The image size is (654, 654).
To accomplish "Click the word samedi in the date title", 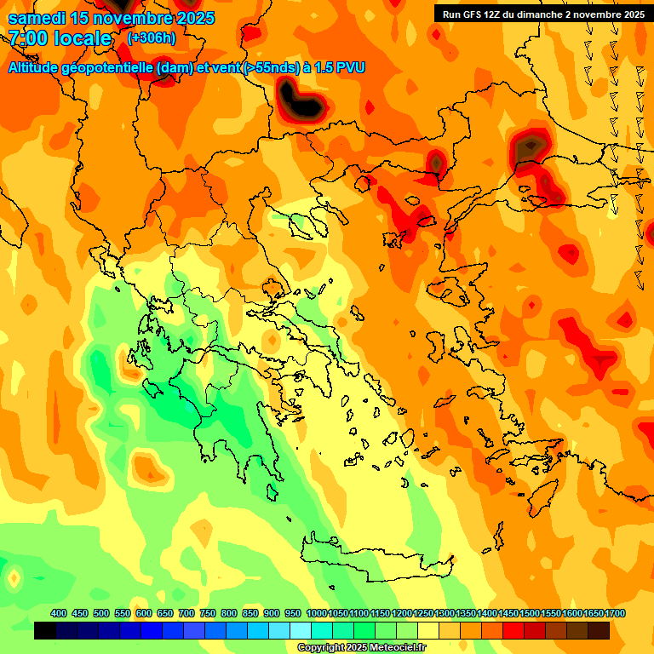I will pos(37,18).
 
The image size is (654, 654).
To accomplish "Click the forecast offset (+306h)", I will pos(152,38).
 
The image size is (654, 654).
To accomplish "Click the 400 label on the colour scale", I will pos(59,614).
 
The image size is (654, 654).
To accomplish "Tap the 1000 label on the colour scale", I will pos(317,614).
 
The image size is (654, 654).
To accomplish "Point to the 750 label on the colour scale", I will pos(208,614).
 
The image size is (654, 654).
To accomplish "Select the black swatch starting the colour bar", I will pos(45,631).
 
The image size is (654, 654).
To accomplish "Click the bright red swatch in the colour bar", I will pos(513,631).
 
